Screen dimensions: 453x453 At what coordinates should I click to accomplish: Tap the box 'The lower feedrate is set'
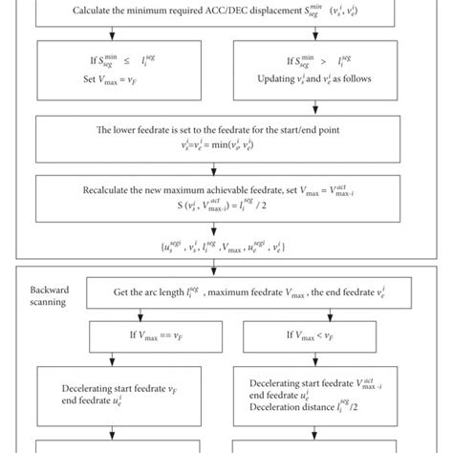(226, 140)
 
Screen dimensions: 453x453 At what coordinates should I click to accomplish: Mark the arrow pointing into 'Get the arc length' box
(226, 269)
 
